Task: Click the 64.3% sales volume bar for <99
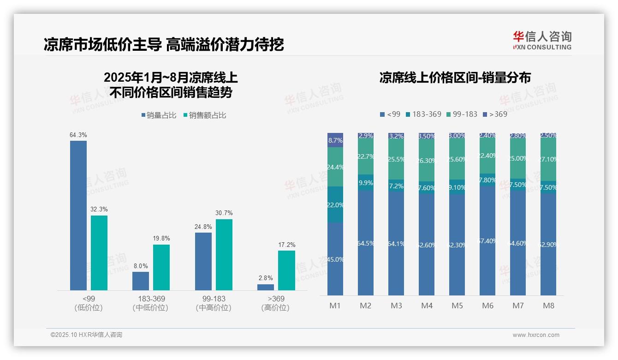[x=78, y=216]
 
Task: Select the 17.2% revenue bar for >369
[x=286, y=270]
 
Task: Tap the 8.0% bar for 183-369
[x=141, y=281]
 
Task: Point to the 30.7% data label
[x=224, y=213]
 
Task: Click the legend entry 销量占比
[x=159, y=115]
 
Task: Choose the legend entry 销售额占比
[x=205, y=115]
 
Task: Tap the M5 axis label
[x=457, y=306]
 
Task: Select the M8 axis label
[x=548, y=306]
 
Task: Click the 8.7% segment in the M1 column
[x=335, y=140]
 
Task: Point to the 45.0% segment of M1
[x=335, y=259]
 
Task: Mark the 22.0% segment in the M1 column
[x=335, y=204]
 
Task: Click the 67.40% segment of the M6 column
[x=487, y=240]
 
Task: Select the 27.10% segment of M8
[x=548, y=159]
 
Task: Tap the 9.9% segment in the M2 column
[x=366, y=183]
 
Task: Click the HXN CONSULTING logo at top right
[x=542, y=40]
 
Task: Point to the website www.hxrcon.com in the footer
[x=535, y=335]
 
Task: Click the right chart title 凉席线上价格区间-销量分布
[x=455, y=78]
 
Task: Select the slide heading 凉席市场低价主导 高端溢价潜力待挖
[x=164, y=44]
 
